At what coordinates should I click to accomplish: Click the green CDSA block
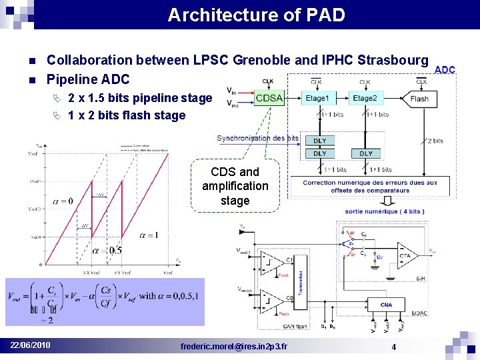point(269,98)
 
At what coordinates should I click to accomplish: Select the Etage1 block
point(317,99)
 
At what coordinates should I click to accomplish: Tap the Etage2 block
point(365,99)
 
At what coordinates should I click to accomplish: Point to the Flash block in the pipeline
point(419,99)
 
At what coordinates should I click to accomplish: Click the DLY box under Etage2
point(365,153)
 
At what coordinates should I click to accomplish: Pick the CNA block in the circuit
point(387,305)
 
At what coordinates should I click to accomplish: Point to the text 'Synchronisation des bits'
point(257,139)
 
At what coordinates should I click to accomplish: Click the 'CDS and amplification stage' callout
point(235,186)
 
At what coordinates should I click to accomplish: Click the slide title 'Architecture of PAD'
point(256,15)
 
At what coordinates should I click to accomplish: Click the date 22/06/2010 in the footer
point(30,345)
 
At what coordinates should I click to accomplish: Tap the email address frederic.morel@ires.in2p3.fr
point(235,346)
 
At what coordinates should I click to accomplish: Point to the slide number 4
point(394,347)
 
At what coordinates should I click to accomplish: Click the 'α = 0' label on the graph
point(61,201)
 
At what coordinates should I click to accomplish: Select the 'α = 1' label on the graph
point(148,235)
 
